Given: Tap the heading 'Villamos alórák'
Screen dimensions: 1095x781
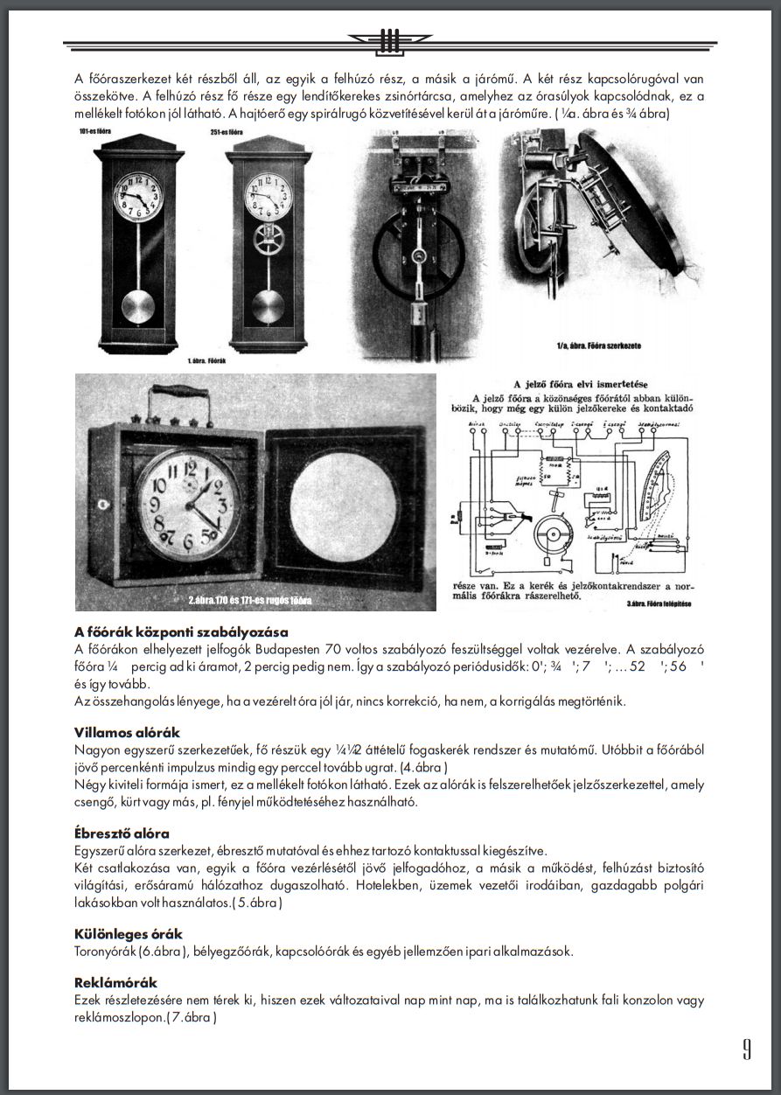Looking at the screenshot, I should (128, 732).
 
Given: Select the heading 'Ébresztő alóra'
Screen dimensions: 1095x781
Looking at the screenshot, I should (122, 833).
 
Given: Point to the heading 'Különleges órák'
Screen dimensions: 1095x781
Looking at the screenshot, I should (129, 934).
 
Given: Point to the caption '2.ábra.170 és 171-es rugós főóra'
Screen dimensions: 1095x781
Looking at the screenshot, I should (249, 601).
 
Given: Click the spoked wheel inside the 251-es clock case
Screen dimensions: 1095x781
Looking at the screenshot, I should (267, 246).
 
